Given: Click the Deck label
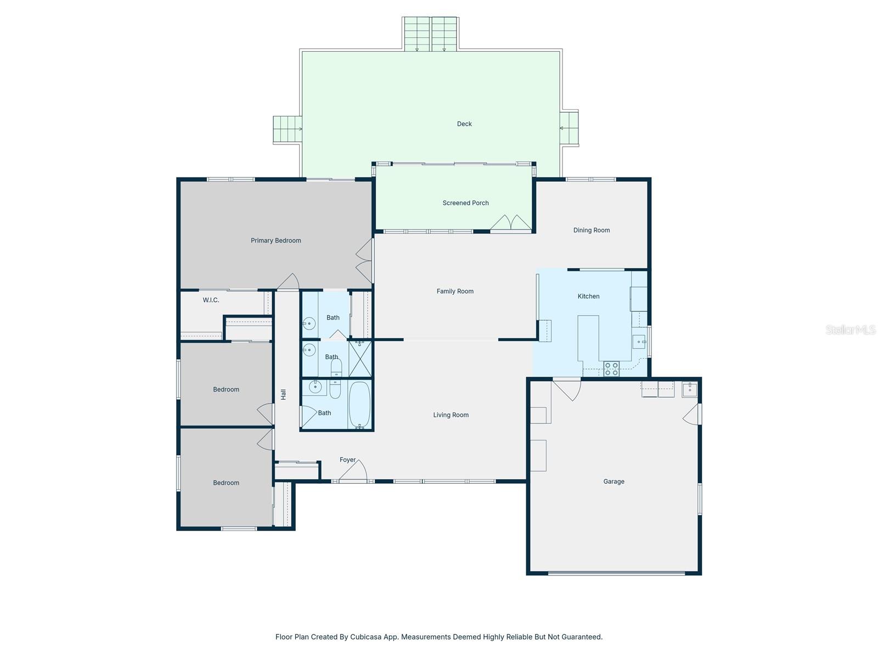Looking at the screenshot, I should coord(464,124).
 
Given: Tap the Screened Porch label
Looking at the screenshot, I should coord(465,203).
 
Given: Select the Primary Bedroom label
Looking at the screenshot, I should coord(275,241).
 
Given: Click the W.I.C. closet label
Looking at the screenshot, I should coord(211,300).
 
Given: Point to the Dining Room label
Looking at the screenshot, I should coord(591,231).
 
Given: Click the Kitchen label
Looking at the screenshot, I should coord(588,297).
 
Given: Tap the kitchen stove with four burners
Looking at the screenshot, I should coord(611,369).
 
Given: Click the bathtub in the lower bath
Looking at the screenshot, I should coord(359,405).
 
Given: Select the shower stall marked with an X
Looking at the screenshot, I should coord(360,358).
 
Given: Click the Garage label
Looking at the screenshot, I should coord(614,482).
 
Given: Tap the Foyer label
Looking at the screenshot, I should coord(347,460).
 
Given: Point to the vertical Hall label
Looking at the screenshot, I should coord(284,394).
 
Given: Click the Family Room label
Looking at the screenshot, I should coord(455,292).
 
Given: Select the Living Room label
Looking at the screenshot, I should coord(451,415).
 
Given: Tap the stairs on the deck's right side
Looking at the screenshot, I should coord(570,129).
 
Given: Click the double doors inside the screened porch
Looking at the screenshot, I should coord(511,223).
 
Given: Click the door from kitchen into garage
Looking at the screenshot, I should coord(568,388).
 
